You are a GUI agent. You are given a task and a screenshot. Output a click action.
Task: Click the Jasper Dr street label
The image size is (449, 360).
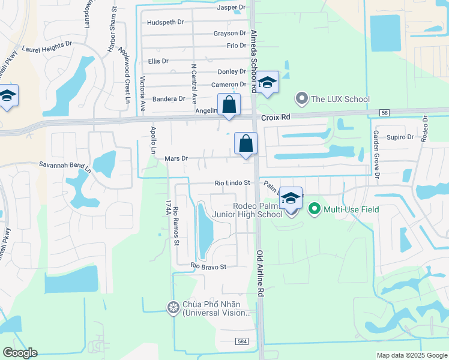point(232,7)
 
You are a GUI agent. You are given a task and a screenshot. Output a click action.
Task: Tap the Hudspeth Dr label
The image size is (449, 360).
point(165,22)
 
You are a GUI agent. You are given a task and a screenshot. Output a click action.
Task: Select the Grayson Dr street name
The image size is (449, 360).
point(229,34)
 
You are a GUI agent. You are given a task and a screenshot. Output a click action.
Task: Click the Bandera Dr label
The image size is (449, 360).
point(169,99)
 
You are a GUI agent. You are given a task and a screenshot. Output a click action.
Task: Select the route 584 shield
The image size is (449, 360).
point(241,341)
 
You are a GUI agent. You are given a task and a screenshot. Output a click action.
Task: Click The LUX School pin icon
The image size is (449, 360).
point(301,98)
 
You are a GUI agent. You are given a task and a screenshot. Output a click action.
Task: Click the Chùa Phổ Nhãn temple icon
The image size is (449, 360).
point(173,307)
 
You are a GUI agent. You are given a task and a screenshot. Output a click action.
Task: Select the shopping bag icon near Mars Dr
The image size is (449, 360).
point(246,144)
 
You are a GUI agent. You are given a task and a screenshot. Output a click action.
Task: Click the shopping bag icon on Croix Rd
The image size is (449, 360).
point(229,105)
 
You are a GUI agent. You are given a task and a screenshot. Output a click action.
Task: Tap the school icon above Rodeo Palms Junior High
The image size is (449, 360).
point(291,198)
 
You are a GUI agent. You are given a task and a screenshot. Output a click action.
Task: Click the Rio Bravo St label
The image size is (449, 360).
point(209,266)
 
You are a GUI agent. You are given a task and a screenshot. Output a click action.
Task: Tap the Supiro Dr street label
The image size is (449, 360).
point(400,137)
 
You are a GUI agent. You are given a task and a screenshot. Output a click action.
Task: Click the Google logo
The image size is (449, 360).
point(20,353)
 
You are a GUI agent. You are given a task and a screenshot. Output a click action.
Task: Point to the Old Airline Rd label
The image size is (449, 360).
point(261,274)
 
